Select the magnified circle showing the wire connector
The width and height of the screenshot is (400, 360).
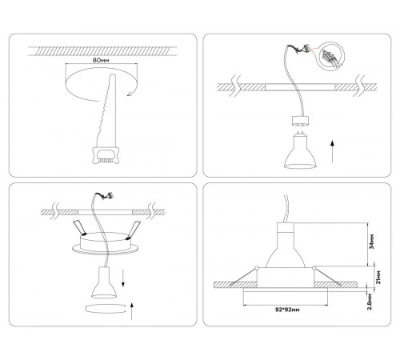330,57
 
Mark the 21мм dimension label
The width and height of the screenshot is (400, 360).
377,278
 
